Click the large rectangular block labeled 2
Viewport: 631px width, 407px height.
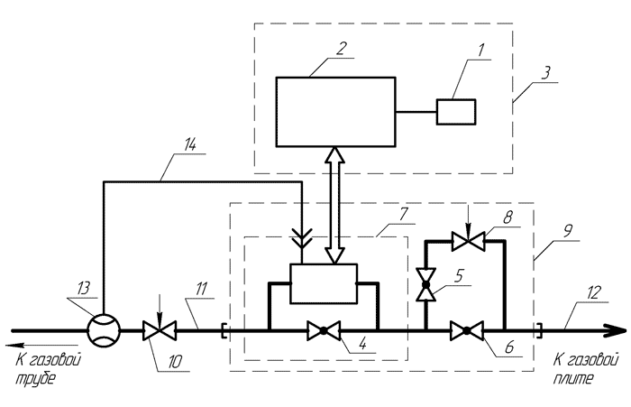point(336,112)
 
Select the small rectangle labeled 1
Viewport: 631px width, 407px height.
point(457,112)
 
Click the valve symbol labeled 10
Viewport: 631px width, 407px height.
point(160,329)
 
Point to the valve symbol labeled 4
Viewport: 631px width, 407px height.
point(322,330)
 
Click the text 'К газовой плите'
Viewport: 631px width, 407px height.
point(573,370)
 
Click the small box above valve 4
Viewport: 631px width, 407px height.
point(324,280)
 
